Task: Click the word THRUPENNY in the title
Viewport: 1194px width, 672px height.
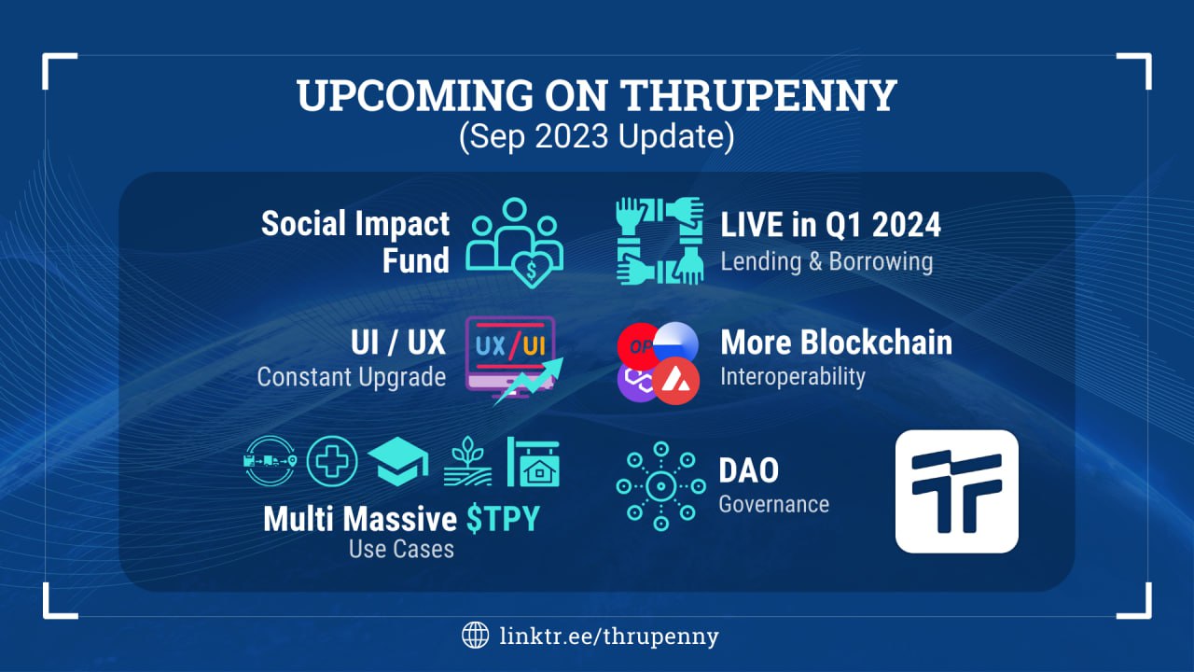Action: pyautogui.click(x=758, y=95)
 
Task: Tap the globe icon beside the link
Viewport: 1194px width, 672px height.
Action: pyautogui.click(x=475, y=636)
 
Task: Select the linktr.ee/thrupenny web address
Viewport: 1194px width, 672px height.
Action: pyautogui.click(x=609, y=637)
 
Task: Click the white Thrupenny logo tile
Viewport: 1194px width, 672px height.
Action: pyautogui.click(x=957, y=491)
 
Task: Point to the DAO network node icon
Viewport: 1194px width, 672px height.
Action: pyautogui.click(x=661, y=486)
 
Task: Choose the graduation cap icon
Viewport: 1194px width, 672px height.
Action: pyautogui.click(x=398, y=461)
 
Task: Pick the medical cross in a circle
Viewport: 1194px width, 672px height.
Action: pyautogui.click(x=331, y=461)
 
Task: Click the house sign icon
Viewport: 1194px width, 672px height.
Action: pyautogui.click(x=533, y=462)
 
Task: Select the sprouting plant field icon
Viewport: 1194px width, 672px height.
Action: pyautogui.click(x=467, y=461)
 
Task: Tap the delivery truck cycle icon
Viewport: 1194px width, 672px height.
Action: pyautogui.click(x=270, y=461)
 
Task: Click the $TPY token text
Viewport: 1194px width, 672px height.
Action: pyautogui.click(x=503, y=519)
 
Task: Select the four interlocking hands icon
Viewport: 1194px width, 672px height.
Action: pyautogui.click(x=659, y=241)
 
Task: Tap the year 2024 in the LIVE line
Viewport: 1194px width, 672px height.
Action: pyautogui.click(x=906, y=225)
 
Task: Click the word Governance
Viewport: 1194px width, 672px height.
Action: pyautogui.click(x=774, y=505)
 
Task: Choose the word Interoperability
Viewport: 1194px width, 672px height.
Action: pyautogui.click(x=793, y=377)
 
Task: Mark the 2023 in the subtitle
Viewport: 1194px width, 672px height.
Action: pyautogui.click(x=572, y=136)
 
